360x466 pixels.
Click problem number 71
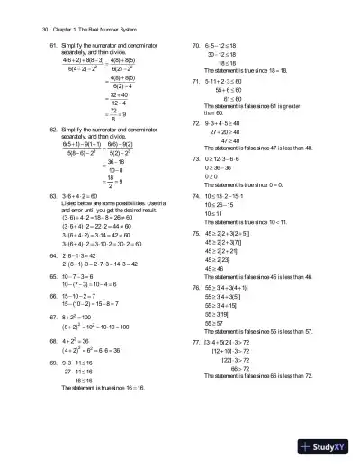point(197,80)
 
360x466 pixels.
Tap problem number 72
point(197,122)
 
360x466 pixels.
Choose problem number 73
point(197,157)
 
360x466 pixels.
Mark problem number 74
point(197,193)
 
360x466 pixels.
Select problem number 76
point(197,287)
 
